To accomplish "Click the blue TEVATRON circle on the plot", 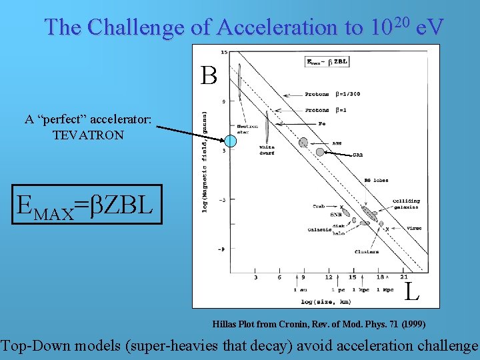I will click(230, 141).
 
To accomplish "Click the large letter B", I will click(209, 76).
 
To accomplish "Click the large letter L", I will click(412, 290).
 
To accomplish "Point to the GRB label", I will click(357, 156).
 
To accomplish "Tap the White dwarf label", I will click(267, 149).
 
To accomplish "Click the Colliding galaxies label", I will click(406, 203).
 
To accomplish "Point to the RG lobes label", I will click(377, 180).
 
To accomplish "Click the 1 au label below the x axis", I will click(301, 290).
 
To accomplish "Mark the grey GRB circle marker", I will click(319, 151).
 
